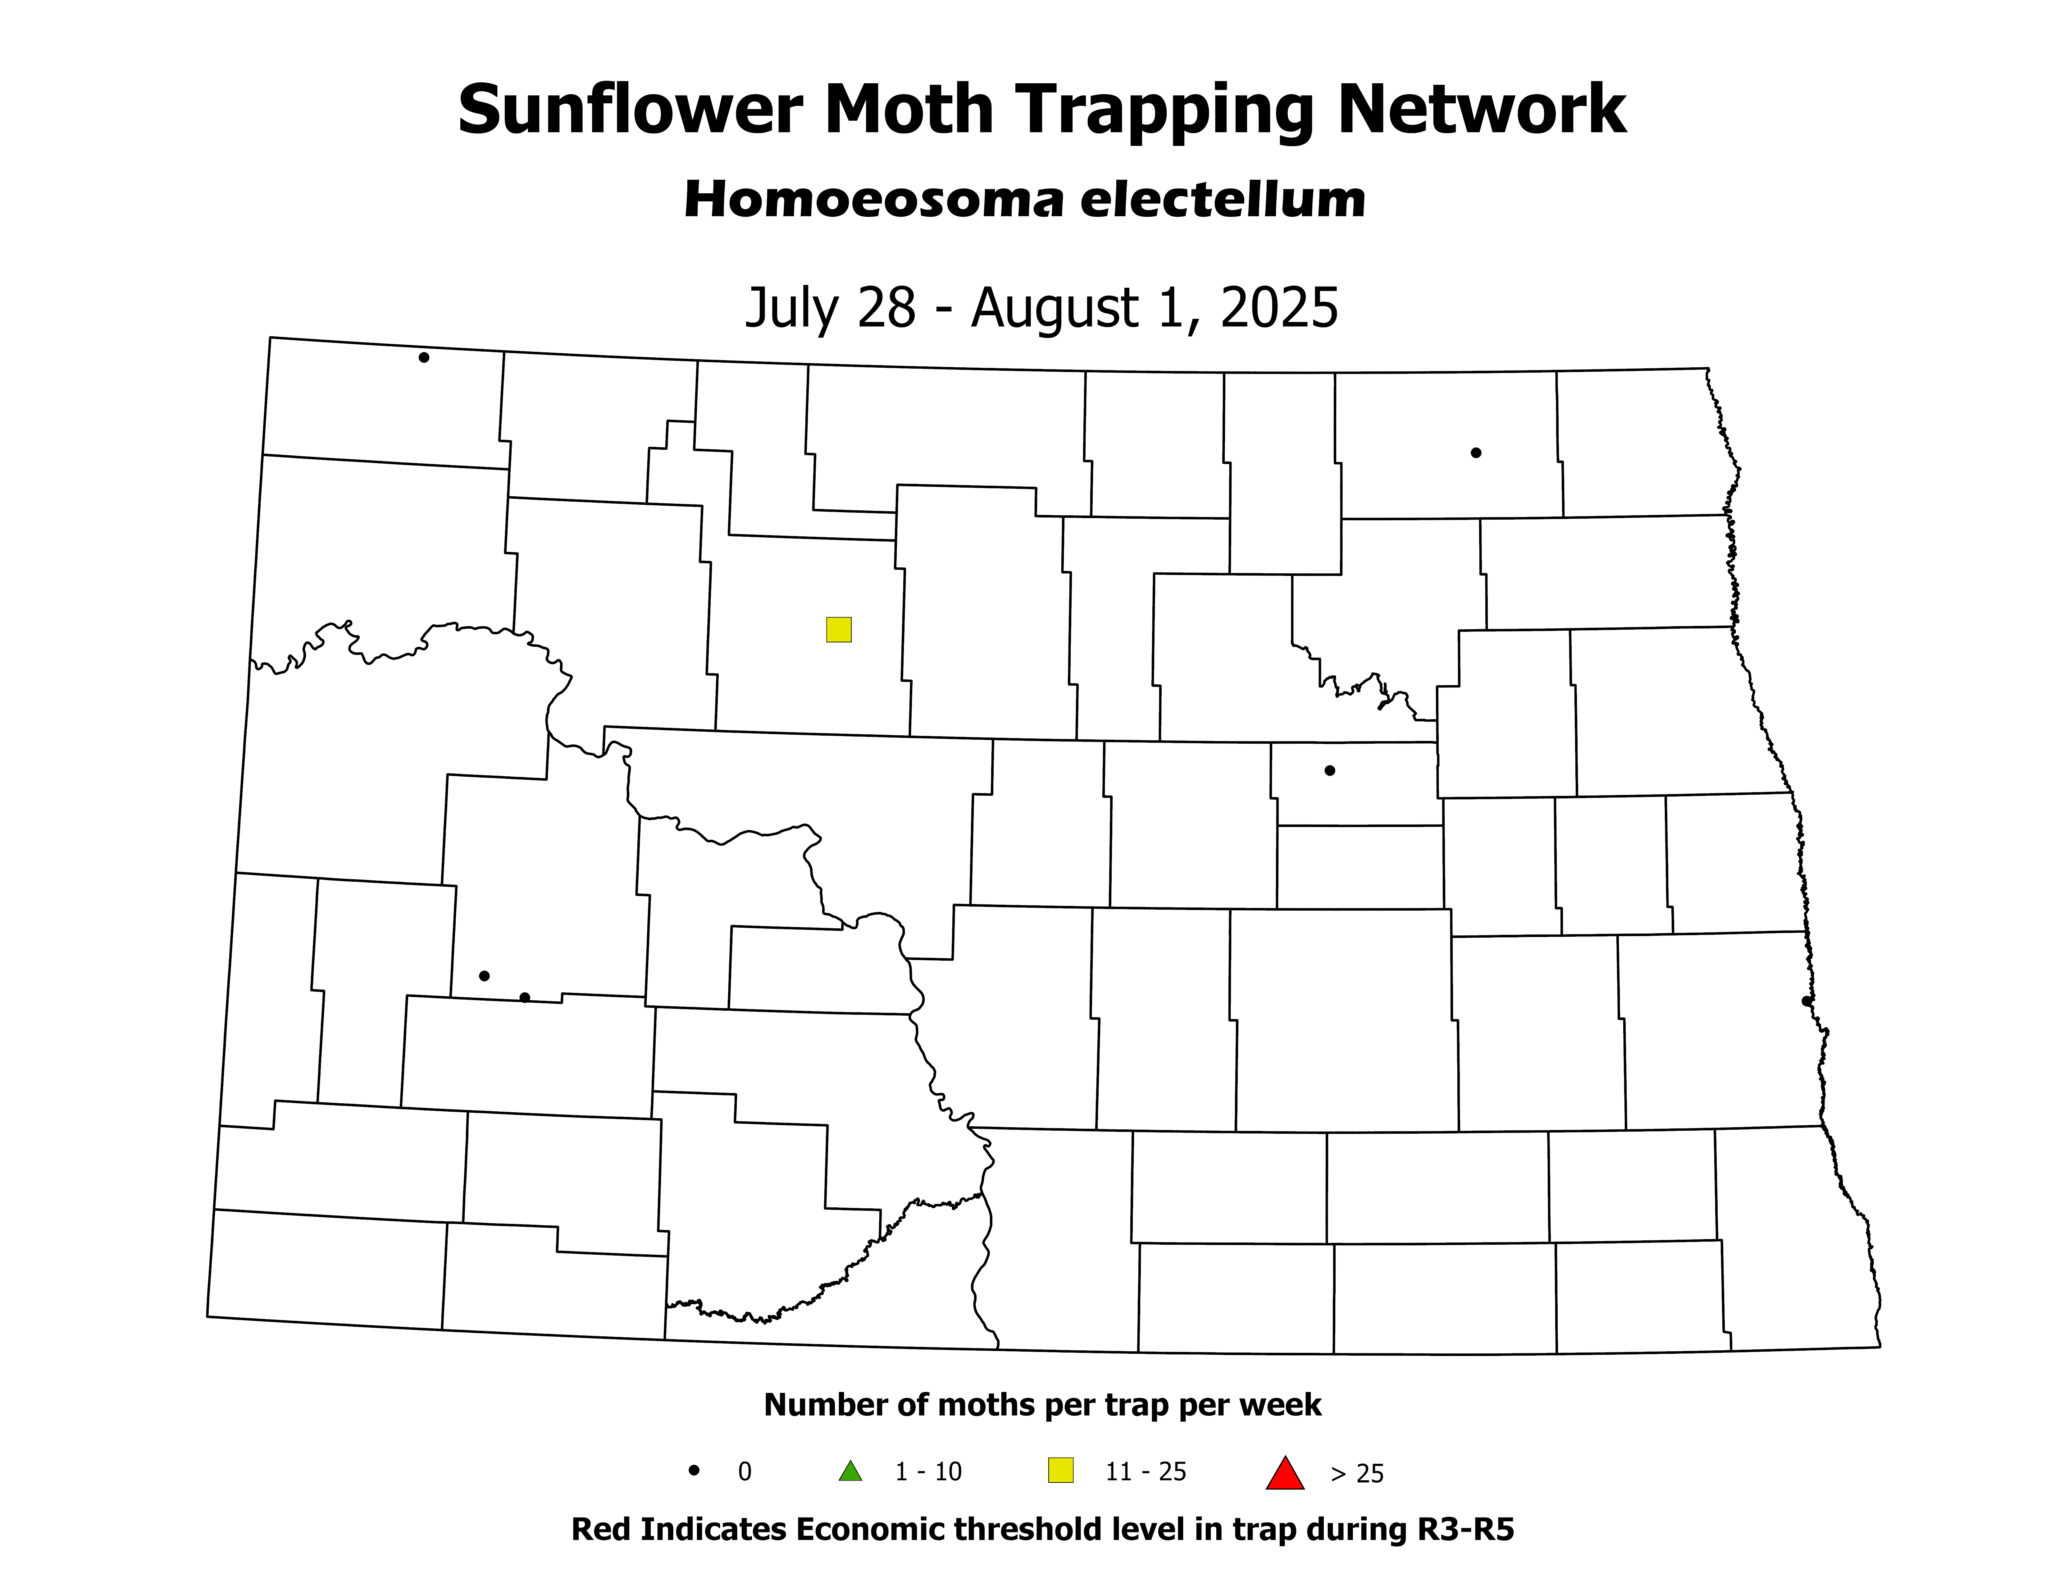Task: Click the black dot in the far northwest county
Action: [x=424, y=358]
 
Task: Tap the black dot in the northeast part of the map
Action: [x=1476, y=453]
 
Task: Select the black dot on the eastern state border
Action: [x=1807, y=1001]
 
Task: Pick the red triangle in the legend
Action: [x=1285, y=1472]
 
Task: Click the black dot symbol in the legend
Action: [x=695, y=1470]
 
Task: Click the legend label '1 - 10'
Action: [x=928, y=1472]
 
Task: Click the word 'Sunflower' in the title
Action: [x=629, y=111]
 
